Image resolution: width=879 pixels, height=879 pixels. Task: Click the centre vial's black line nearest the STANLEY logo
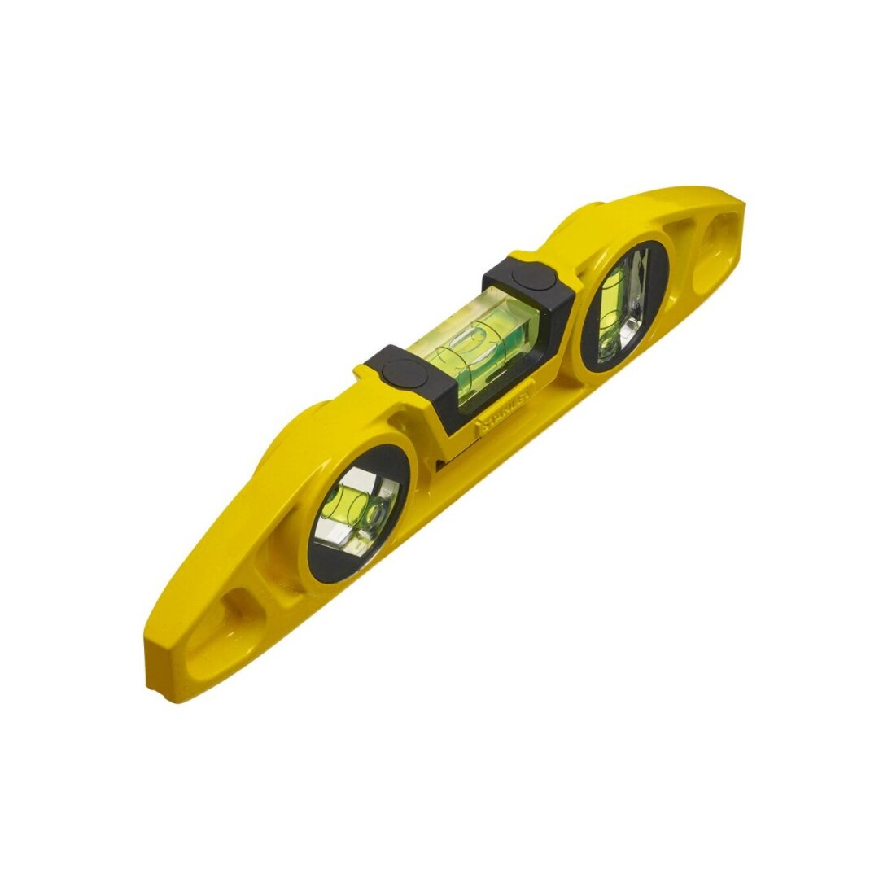click(444, 359)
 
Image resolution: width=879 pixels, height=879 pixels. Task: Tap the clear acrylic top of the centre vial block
click(456, 326)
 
